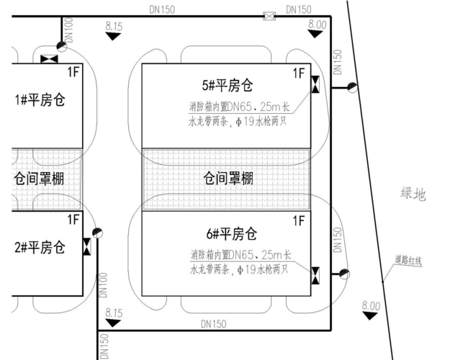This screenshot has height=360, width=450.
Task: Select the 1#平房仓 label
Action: [x=40, y=99]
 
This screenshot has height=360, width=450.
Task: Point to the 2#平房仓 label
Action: [x=40, y=248]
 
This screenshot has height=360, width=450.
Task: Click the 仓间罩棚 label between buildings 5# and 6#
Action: [x=228, y=178]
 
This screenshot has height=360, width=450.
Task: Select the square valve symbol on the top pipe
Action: [x=269, y=16]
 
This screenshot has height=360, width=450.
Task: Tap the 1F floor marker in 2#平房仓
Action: [x=73, y=219]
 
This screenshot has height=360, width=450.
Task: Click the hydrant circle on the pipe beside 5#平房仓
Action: [x=352, y=88]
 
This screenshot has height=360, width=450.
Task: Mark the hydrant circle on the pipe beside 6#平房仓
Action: [x=345, y=274]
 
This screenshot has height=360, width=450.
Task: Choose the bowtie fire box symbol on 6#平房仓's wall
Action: [x=315, y=274]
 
